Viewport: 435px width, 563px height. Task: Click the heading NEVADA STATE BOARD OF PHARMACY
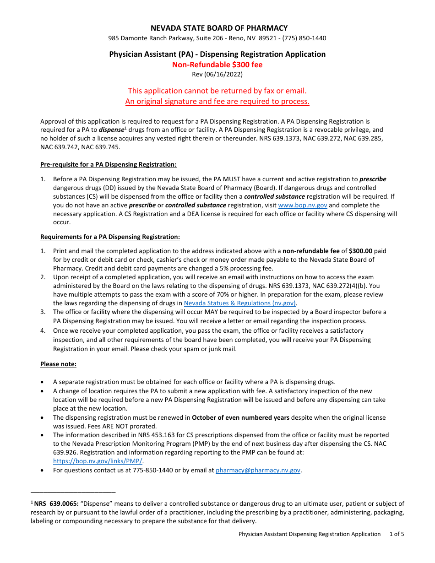pyautogui.click(x=217, y=28)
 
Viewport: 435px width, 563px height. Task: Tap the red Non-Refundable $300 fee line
pyautogui.click(x=217, y=65)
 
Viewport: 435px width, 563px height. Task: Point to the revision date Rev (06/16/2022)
pyautogui.click(x=217, y=74)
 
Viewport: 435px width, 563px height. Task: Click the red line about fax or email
pyautogui.click(x=217, y=91)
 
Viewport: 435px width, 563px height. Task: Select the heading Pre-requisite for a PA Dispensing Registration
pyautogui.click(x=108, y=164)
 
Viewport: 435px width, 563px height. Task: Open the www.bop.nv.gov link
pyautogui.click(x=302, y=205)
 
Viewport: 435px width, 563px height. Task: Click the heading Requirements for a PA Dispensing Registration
pyautogui.click(x=110, y=237)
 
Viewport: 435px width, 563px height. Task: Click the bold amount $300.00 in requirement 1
pyautogui.click(x=360, y=251)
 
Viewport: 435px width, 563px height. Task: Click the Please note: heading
pyautogui.click(x=58, y=364)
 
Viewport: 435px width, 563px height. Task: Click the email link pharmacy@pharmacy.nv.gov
pyautogui.click(x=258, y=470)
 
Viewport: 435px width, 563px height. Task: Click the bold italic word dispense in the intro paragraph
pyautogui.click(x=111, y=130)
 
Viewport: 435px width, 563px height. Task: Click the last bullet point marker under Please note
pyautogui.click(x=43, y=470)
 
